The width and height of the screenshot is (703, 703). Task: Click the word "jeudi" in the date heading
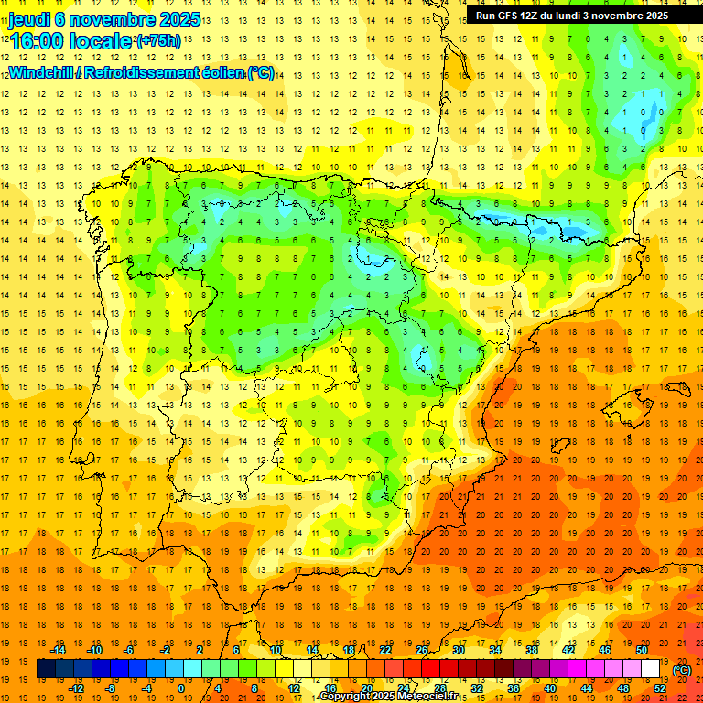(30, 18)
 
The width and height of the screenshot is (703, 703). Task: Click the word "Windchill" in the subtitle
(41, 72)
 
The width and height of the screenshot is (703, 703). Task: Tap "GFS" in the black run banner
(509, 16)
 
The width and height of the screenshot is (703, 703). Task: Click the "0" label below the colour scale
(181, 688)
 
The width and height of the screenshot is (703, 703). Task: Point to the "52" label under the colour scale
(660, 688)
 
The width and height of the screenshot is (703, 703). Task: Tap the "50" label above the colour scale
(642, 650)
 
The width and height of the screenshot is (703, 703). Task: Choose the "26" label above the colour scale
(422, 650)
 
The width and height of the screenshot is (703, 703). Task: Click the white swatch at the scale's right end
(650, 669)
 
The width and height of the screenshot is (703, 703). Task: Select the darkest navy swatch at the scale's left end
(46, 669)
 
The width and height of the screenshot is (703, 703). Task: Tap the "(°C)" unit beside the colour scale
(682, 670)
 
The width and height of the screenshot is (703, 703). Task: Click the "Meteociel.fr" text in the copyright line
(426, 697)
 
